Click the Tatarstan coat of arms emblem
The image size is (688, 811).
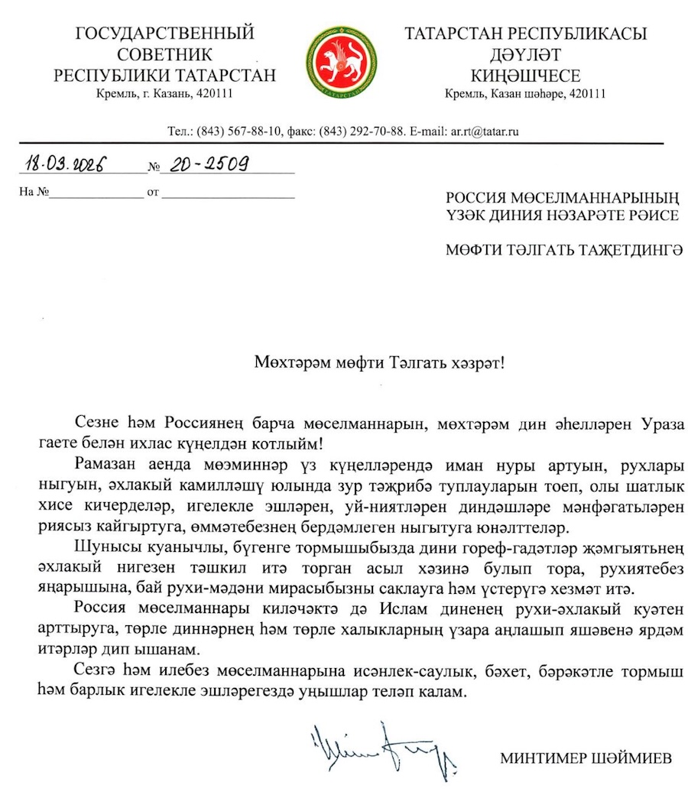click(342, 60)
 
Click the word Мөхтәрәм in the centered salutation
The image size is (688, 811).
click(286, 362)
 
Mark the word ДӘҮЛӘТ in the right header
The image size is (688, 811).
click(526, 55)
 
